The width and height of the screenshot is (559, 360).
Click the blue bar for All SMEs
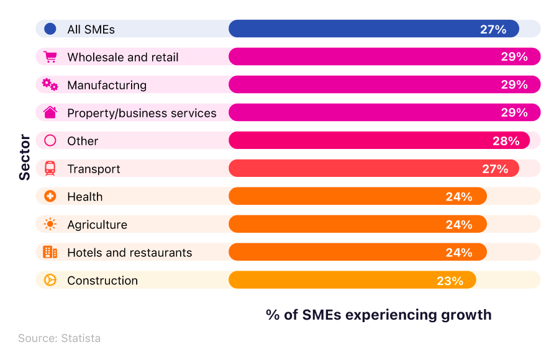(x=373, y=29)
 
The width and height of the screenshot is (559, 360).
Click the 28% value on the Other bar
(x=506, y=141)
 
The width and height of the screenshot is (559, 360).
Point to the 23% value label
(x=450, y=281)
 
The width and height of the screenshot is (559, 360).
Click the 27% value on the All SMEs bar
(x=493, y=29)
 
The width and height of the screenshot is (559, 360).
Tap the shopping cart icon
(x=50, y=57)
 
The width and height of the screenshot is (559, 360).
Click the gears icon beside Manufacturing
(x=50, y=84)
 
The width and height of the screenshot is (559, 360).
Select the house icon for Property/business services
(x=50, y=112)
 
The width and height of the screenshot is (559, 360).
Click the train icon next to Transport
(x=50, y=168)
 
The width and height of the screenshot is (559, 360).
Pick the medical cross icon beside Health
(x=50, y=196)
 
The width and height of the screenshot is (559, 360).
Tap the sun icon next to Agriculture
(x=50, y=224)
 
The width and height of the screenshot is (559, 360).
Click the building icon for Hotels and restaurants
(x=50, y=252)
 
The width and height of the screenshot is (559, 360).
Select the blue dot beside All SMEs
(x=50, y=29)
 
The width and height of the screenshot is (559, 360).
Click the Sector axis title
(x=24, y=158)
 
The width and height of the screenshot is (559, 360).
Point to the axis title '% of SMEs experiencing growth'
(x=378, y=315)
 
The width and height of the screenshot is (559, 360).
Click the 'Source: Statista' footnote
(x=59, y=338)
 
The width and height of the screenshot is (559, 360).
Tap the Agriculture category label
(x=97, y=225)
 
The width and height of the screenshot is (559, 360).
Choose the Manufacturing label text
(x=107, y=85)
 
